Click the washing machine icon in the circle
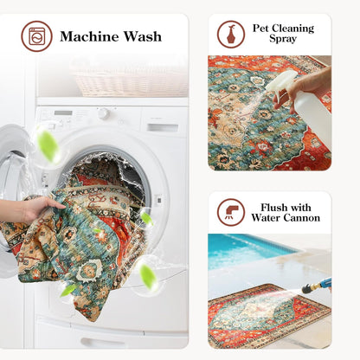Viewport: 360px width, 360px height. click(x=36, y=36)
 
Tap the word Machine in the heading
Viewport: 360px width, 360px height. click(x=90, y=36)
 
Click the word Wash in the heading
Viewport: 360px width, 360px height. click(x=143, y=36)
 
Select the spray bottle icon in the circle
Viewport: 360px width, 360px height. click(x=231, y=34)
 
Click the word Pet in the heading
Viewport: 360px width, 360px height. click(x=260, y=29)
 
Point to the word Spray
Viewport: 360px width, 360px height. click(x=283, y=39)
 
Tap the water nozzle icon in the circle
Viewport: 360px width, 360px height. click(x=231, y=212)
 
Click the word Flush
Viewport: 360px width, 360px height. click(x=274, y=208)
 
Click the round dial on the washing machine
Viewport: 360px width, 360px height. click(x=103, y=113)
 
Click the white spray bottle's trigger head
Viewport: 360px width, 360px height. click(x=281, y=83)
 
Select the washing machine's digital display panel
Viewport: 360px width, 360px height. click(x=63, y=112)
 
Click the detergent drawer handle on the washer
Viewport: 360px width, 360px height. click(x=163, y=128)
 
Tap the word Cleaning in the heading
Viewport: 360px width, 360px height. click(x=292, y=29)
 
